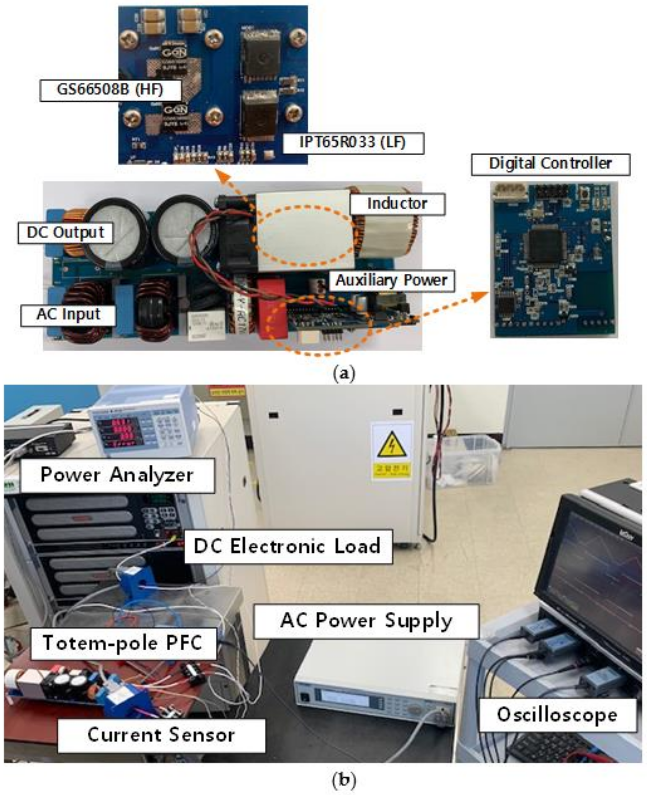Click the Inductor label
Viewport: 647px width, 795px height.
click(x=397, y=204)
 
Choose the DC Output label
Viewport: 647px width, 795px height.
click(x=65, y=233)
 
